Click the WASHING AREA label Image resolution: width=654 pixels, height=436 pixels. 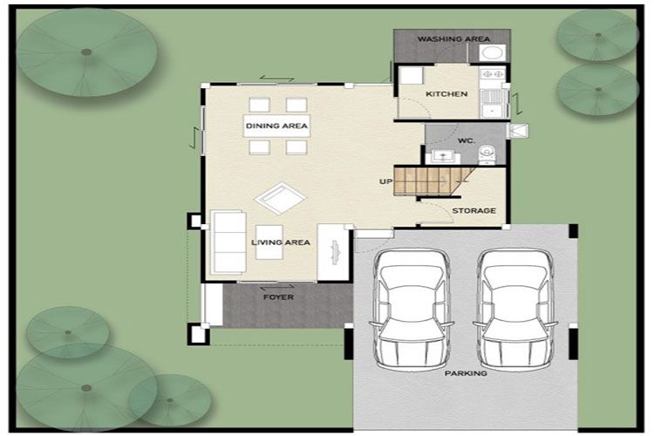[x=453, y=38]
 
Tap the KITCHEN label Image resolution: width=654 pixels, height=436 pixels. [x=446, y=94]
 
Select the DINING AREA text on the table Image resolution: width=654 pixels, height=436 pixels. [x=276, y=126]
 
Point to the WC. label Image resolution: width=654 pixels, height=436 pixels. [x=467, y=140]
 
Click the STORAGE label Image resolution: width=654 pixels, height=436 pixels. [x=474, y=211]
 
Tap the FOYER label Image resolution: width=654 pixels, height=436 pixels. [x=279, y=297]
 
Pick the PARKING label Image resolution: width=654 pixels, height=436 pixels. [x=466, y=373]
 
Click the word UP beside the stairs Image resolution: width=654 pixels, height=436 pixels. [x=385, y=181]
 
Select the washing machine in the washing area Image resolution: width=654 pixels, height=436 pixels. [x=492, y=53]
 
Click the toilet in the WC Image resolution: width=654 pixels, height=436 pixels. [x=486, y=153]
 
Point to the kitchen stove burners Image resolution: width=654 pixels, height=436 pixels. [x=493, y=74]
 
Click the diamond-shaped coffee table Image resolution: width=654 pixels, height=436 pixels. [x=280, y=198]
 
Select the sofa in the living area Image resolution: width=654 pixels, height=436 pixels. [x=228, y=242]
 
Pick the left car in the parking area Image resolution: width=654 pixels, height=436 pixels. [x=412, y=310]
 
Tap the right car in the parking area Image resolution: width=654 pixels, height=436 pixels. [x=515, y=310]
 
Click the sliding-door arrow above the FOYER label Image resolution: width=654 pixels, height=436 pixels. [x=277, y=287]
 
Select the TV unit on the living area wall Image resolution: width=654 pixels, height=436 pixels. [x=333, y=252]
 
